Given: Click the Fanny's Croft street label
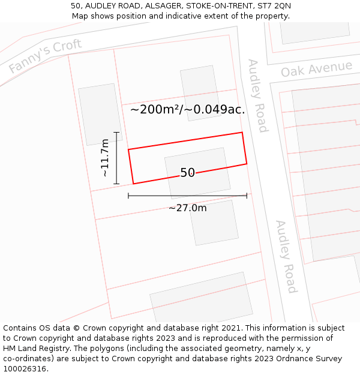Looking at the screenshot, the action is (x=45, y=56).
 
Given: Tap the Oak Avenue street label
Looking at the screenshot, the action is (x=316, y=69).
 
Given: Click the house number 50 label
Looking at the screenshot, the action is (x=187, y=173).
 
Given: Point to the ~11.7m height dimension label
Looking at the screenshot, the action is (x=105, y=158).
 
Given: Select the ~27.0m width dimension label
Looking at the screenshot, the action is (x=187, y=208).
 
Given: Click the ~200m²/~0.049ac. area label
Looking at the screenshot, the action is (x=187, y=109).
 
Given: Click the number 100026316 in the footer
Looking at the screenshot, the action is (x=25, y=369).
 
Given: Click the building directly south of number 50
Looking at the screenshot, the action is (x=214, y=223).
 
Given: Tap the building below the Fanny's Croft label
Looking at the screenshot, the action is (x=100, y=114).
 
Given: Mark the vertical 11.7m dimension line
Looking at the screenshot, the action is (x=116, y=158).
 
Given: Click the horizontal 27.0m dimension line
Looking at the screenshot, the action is (x=187, y=196).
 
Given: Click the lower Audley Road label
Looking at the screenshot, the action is (x=286, y=256).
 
